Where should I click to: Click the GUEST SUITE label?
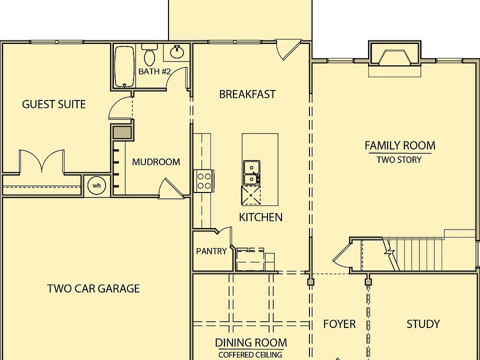tap(54, 104)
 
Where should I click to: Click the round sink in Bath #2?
tap(176, 51)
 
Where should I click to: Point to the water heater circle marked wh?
tap(96, 185)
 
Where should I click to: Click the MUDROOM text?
tap(156, 162)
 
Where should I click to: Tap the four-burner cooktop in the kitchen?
tap(204, 180)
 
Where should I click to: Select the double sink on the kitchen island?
tap(251, 172)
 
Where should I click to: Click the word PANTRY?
tap(211, 251)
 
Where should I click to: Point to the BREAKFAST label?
tap(247, 94)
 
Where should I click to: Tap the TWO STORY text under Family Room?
tap(399, 160)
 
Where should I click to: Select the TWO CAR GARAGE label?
tap(93, 288)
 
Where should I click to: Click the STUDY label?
tap(423, 324)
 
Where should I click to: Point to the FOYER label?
tap(339, 324)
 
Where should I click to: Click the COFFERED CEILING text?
tap(250, 354)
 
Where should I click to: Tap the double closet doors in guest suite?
tap(41, 161)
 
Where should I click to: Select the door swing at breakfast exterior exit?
tap(288, 49)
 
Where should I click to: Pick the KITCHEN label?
tap(260, 217)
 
